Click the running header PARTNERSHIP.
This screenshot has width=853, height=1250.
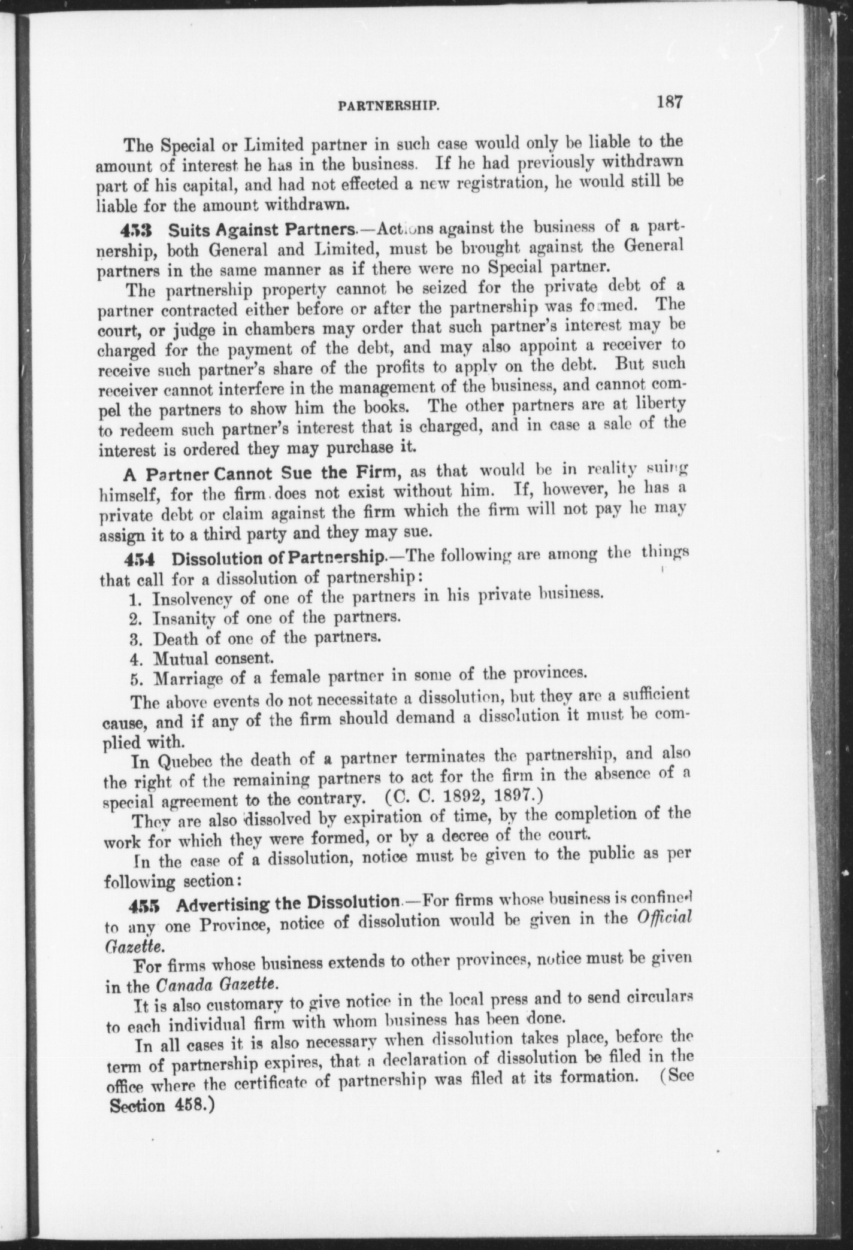coord(389,107)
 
